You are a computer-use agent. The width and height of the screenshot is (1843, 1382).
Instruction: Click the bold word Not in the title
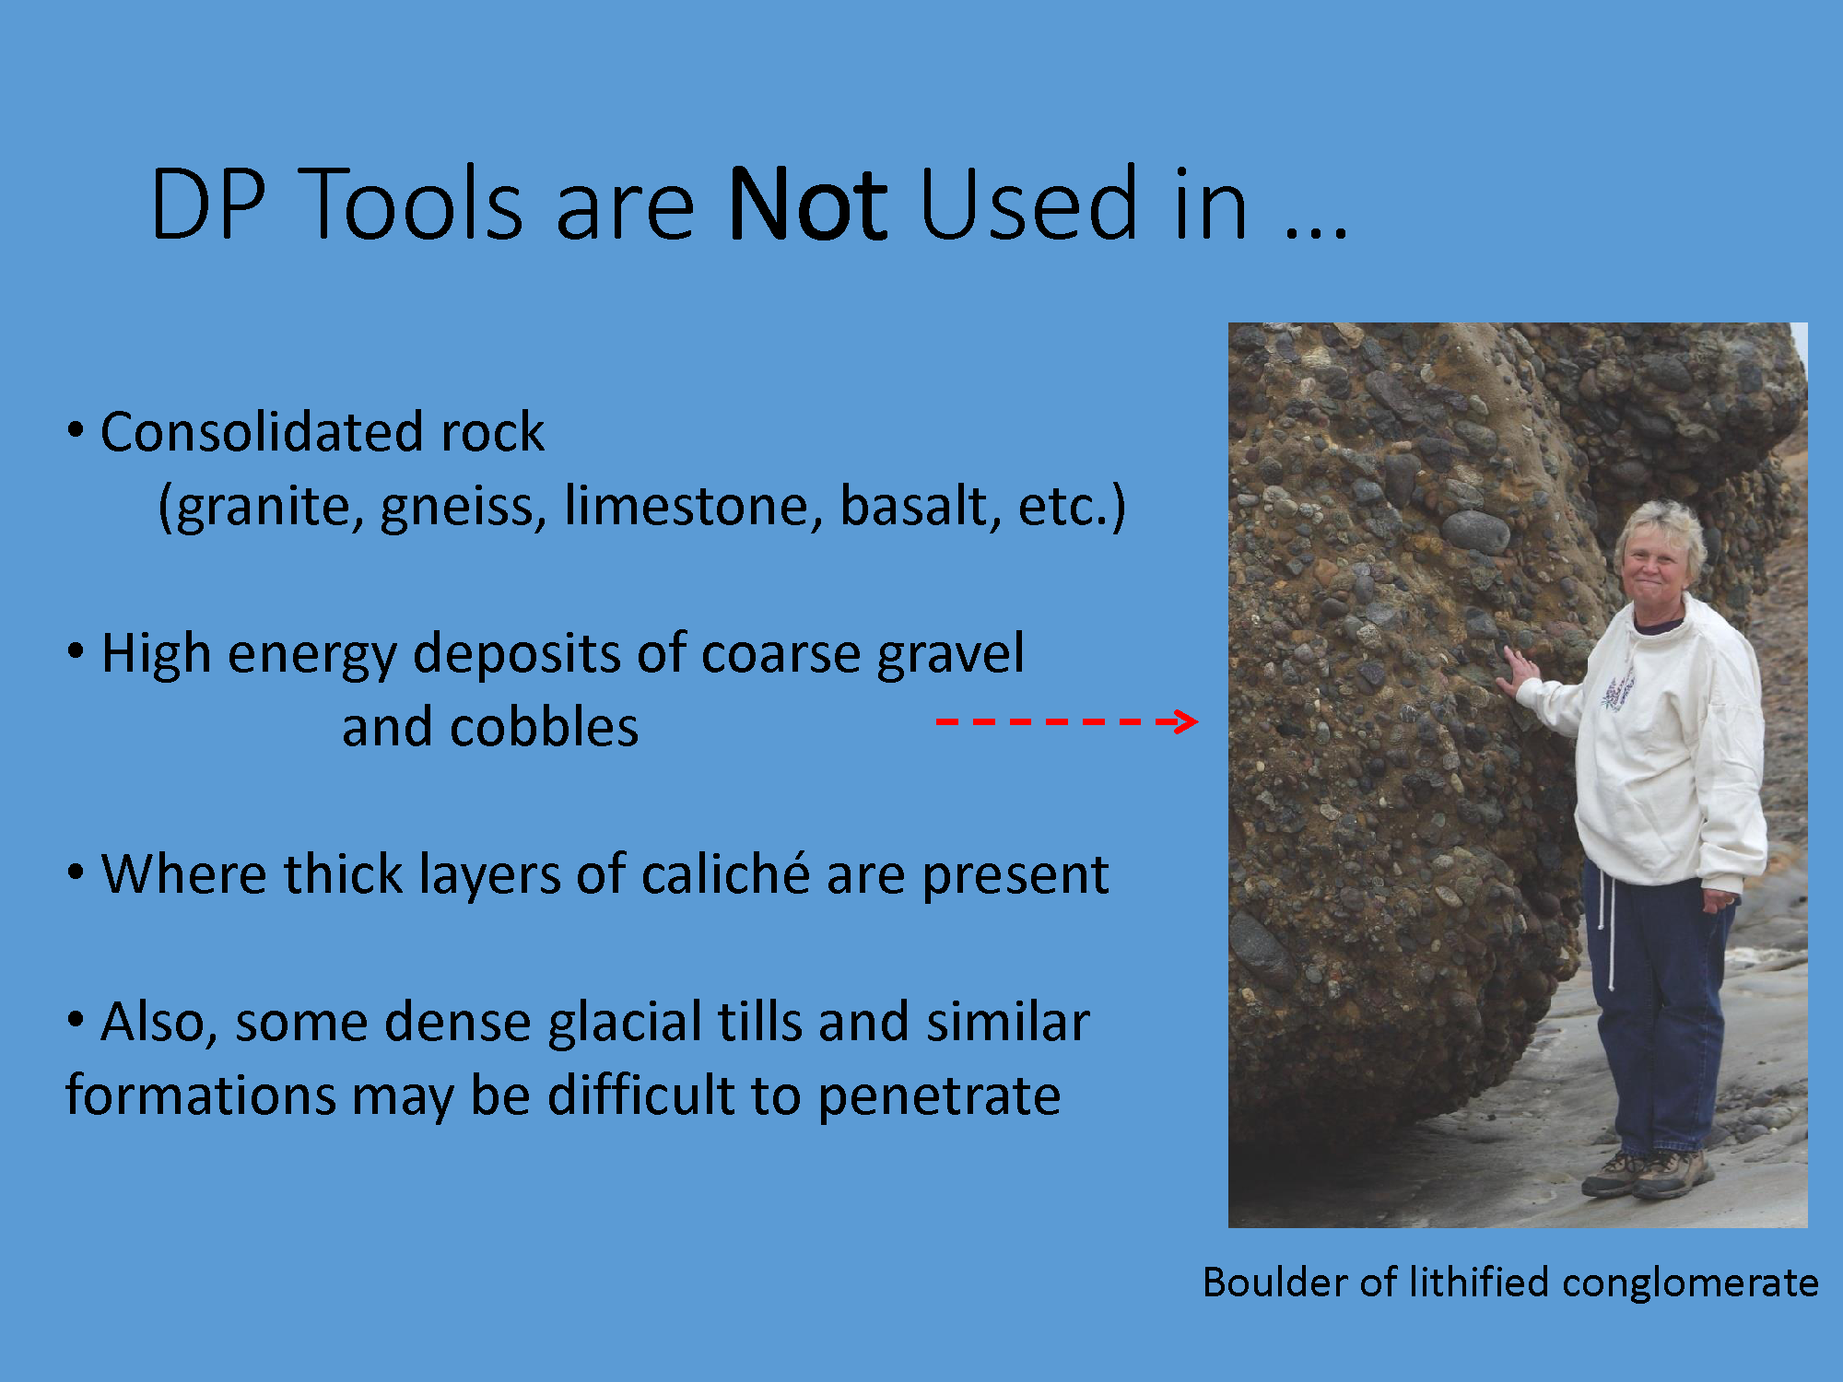pyautogui.click(x=806, y=204)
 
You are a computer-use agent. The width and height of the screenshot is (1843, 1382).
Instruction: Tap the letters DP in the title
pyautogui.click(x=208, y=204)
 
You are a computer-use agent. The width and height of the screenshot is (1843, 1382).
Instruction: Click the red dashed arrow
pyautogui.click(x=1066, y=721)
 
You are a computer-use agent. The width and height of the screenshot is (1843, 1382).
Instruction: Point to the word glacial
pyautogui.click(x=626, y=1024)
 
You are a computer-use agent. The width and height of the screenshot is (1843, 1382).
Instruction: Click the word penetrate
pyautogui.click(x=939, y=1096)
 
